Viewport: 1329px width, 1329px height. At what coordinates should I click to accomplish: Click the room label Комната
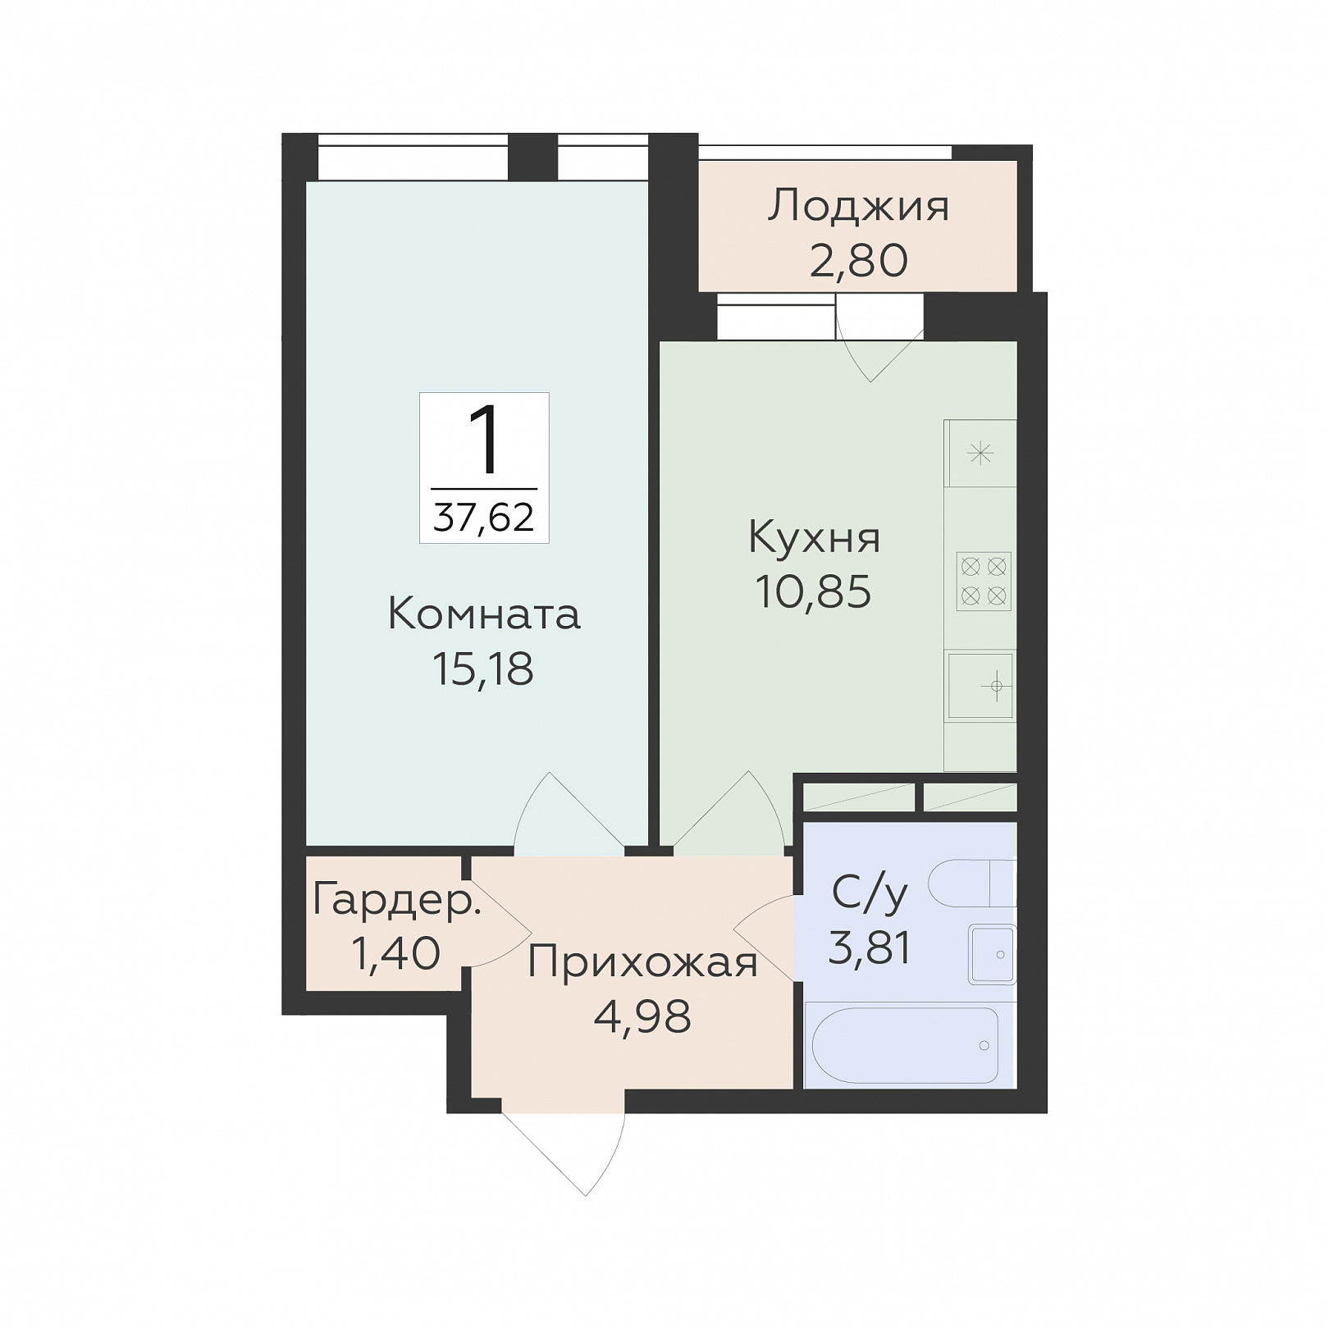click(x=483, y=614)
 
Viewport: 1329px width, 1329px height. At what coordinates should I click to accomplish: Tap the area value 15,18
click(x=482, y=669)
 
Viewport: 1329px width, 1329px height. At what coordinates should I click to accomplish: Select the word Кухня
click(x=814, y=538)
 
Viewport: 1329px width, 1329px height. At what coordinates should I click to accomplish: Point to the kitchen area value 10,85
click(x=813, y=591)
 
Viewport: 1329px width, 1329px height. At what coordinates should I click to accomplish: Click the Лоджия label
click(x=858, y=207)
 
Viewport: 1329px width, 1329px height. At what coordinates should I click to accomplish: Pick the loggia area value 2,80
click(x=859, y=261)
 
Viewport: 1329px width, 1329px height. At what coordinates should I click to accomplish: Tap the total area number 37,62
click(x=484, y=518)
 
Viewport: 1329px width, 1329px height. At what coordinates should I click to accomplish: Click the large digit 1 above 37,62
click(x=484, y=441)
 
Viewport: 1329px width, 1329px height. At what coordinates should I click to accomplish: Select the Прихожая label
click(x=642, y=962)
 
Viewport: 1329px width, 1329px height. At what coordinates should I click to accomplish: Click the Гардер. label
click(x=396, y=901)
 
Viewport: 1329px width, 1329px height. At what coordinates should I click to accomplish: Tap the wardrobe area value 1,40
click(x=395, y=953)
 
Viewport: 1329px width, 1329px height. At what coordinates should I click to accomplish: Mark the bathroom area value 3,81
click(x=870, y=948)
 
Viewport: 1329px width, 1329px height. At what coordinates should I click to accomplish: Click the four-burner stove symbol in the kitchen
click(x=984, y=581)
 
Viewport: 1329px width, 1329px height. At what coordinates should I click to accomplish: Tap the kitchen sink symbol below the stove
click(x=981, y=685)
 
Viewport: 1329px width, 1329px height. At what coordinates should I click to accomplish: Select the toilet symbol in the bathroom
click(x=973, y=884)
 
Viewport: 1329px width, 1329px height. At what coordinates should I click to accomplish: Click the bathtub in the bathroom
click(x=905, y=1045)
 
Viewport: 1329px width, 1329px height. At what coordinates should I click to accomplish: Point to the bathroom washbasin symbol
click(x=993, y=954)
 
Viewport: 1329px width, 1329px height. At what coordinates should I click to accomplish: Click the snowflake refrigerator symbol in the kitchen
click(x=981, y=453)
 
